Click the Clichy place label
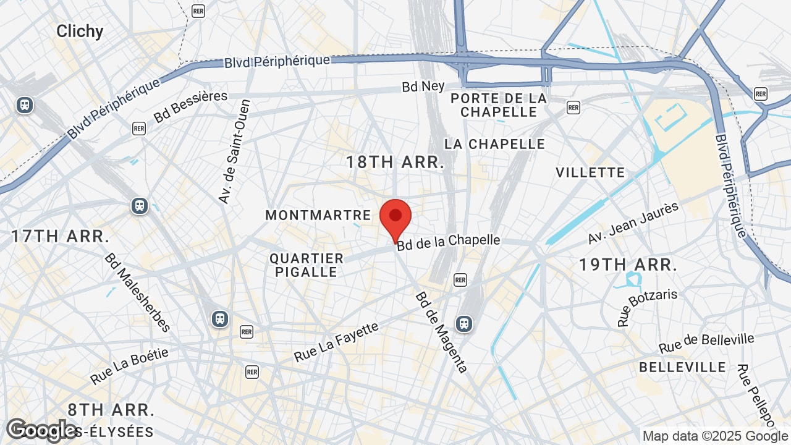(80, 32)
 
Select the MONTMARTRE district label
(318, 215)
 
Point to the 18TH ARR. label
(395, 163)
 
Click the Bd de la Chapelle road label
(449, 242)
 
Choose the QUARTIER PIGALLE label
(307, 265)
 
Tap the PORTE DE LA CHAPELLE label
(499, 105)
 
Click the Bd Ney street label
(423, 87)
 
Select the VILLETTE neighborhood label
(590, 172)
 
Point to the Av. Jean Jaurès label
(633, 223)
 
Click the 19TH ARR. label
(628, 265)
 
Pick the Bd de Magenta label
(441, 333)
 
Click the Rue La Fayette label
(336, 342)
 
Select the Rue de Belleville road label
(706, 344)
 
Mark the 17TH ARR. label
(61, 236)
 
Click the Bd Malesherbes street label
(137, 292)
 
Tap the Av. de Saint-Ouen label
(235, 151)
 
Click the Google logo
(41, 430)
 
